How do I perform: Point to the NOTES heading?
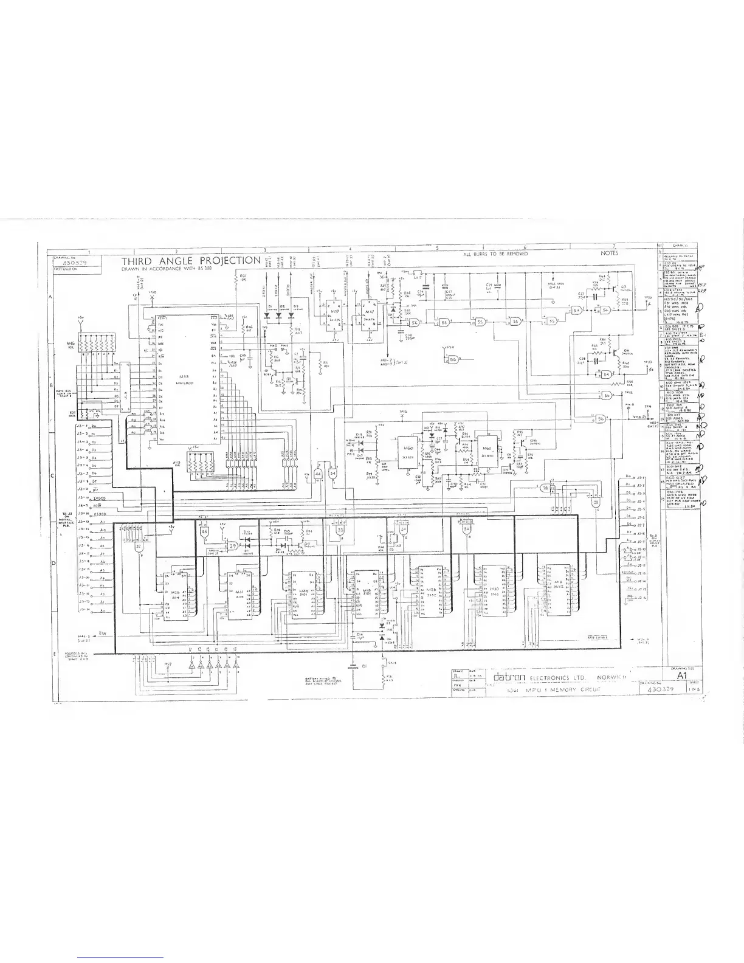(610, 253)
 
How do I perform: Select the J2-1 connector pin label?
(639, 478)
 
